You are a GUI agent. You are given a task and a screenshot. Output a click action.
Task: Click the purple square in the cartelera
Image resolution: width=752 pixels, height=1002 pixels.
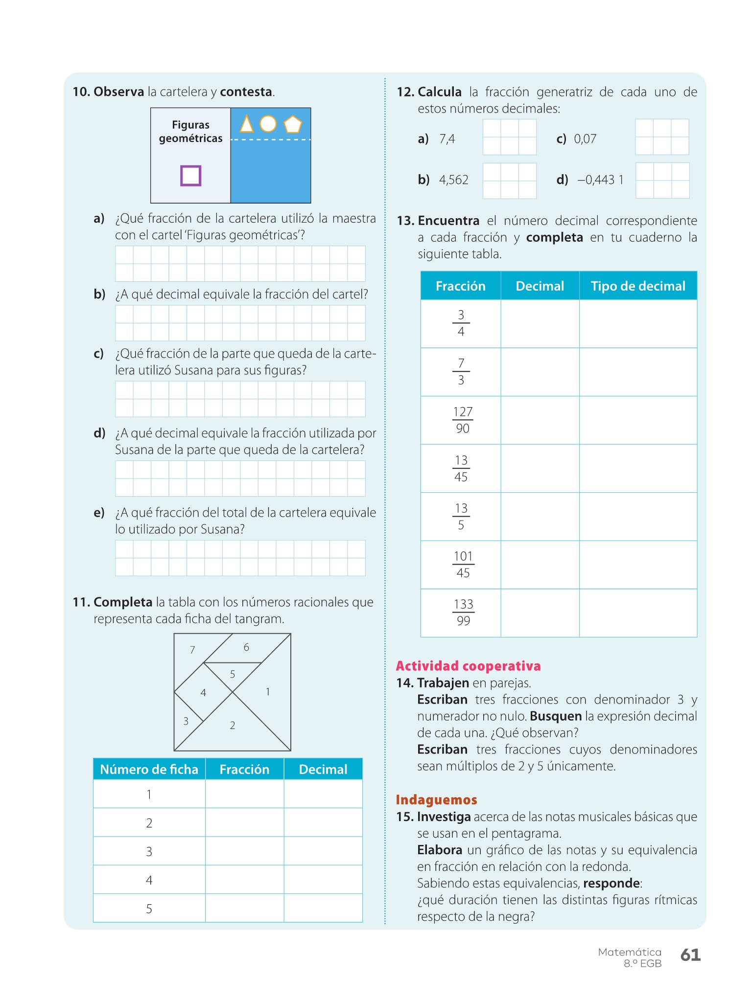190,176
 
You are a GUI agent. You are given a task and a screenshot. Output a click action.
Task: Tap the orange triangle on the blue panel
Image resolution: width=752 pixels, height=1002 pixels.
247,124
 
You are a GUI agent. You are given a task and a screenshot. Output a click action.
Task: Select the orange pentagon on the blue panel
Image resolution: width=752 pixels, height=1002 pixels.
293,124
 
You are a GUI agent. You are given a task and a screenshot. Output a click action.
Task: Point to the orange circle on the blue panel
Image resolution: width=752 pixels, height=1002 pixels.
268,124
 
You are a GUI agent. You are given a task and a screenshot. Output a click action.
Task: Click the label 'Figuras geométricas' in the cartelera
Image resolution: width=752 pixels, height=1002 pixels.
190,132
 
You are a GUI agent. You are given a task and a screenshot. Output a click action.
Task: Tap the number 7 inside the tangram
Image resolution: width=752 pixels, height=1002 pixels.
192,650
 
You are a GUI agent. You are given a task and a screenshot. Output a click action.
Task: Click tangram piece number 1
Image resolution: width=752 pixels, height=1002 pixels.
268,692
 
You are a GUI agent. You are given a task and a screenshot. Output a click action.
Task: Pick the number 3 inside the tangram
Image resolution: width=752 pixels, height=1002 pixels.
186,721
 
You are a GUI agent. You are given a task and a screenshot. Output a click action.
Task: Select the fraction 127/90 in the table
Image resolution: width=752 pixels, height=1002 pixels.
462,420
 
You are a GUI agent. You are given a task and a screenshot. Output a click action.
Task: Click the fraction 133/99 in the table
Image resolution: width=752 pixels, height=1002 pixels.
463,613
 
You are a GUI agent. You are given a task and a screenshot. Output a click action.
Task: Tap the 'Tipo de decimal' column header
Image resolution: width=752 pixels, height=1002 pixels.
638,286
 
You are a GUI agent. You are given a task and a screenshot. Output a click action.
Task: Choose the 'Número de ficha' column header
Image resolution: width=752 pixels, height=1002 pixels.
149,770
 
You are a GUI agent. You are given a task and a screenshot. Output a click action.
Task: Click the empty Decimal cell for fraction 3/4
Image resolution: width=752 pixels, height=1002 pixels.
540,323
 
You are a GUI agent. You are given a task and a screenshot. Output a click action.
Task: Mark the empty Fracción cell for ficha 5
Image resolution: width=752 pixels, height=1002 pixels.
244,909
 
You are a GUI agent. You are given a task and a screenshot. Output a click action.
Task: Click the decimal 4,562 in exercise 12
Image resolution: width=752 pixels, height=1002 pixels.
453,180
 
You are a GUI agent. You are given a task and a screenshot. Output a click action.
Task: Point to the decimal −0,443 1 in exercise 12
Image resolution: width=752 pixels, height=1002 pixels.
600,180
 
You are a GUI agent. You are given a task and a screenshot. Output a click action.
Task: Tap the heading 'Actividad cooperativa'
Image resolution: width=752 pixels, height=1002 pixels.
468,666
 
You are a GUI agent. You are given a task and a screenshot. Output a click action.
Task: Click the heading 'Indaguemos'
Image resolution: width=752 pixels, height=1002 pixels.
436,800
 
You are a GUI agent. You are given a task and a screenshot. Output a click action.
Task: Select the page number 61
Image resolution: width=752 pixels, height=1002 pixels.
690,955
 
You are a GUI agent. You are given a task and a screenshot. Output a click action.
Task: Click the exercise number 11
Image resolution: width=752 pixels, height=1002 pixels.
81,602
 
